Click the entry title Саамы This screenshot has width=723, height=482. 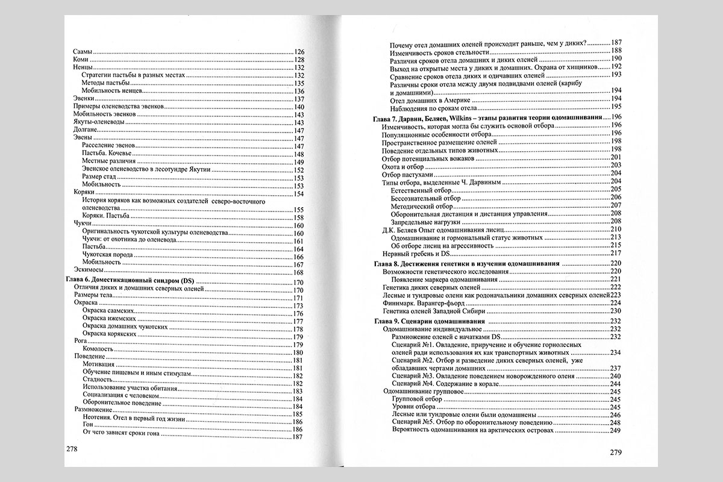point(82,52)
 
